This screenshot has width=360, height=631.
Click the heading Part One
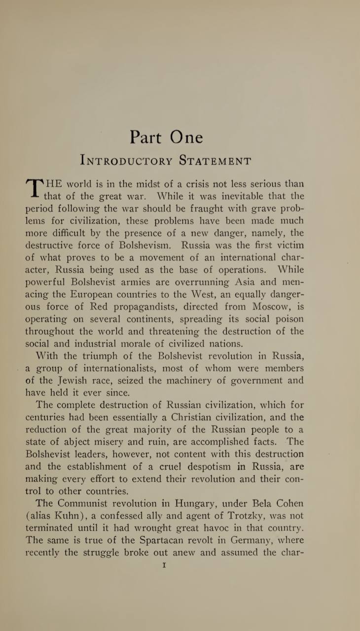[x=166, y=137]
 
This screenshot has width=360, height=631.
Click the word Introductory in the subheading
[x=126, y=161]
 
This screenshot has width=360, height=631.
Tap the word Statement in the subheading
[x=215, y=161]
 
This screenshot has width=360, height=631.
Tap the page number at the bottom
[x=164, y=565]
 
